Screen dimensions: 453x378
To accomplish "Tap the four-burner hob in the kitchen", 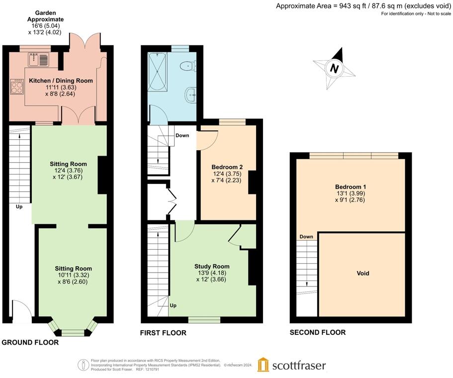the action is (17, 87).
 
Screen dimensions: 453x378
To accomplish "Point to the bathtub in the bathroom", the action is (158, 72).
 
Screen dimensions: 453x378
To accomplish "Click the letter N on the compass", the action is (334, 69).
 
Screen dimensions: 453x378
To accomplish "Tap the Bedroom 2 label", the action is (227, 167).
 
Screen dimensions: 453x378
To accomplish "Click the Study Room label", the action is (212, 267).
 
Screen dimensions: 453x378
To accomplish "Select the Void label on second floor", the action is (363, 274).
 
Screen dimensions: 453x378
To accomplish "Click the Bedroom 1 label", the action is (351, 187).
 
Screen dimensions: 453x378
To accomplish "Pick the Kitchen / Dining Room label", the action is (61, 81).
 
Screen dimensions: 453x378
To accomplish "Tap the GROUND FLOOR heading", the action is (30, 343).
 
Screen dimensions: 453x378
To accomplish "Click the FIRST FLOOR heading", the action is (163, 333).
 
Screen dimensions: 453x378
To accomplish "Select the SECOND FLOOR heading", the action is (318, 332).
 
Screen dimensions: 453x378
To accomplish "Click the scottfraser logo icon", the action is (263, 365).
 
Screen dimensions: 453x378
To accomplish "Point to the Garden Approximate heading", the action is (45, 16).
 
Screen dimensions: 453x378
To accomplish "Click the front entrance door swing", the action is (22, 311).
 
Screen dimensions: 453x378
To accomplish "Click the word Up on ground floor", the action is (19, 207).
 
